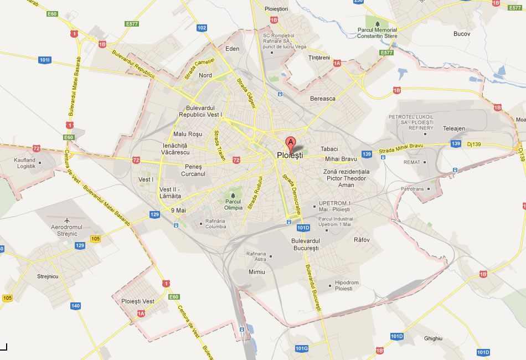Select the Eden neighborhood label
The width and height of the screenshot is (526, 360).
[233, 49]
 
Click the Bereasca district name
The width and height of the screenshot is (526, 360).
[323, 99]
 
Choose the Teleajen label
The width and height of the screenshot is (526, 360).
[454, 128]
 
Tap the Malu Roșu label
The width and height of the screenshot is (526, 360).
[188, 134]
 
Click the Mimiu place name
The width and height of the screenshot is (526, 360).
[257, 272]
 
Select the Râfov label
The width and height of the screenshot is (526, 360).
[362, 240]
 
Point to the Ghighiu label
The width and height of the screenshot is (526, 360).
[433, 338]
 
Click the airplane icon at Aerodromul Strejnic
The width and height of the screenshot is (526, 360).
[67, 220]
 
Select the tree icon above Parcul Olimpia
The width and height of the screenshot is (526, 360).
[233, 196]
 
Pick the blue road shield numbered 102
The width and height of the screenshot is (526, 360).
[202, 28]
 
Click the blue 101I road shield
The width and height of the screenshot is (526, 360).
[45, 59]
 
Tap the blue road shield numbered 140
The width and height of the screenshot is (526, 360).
[76, 306]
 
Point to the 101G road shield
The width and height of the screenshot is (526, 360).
[301, 348]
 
